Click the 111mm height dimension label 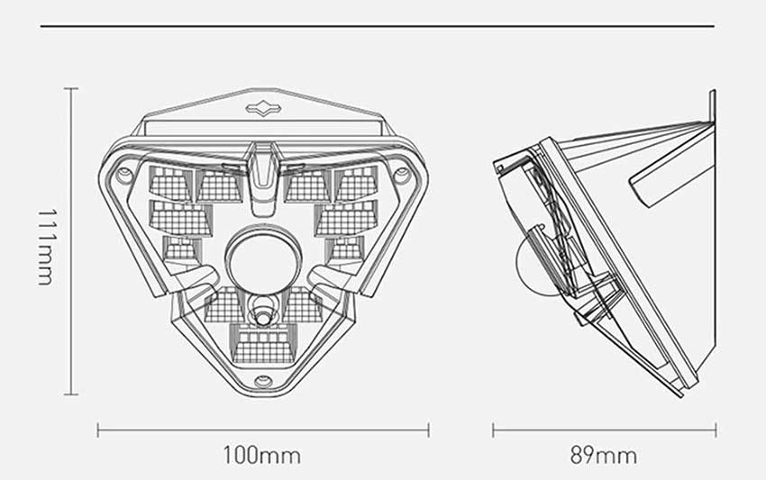(x=46, y=244)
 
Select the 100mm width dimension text (x=261, y=455)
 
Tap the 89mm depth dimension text (x=604, y=455)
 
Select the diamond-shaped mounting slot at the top (x=262, y=109)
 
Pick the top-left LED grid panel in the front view (x=168, y=183)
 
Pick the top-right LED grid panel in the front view (x=356, y=183)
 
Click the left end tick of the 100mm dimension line (x=98, y=430)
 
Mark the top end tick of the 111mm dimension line (x=71, y=88)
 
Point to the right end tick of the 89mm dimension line (x=716, y=430)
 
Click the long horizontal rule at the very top (x=378, y=26)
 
